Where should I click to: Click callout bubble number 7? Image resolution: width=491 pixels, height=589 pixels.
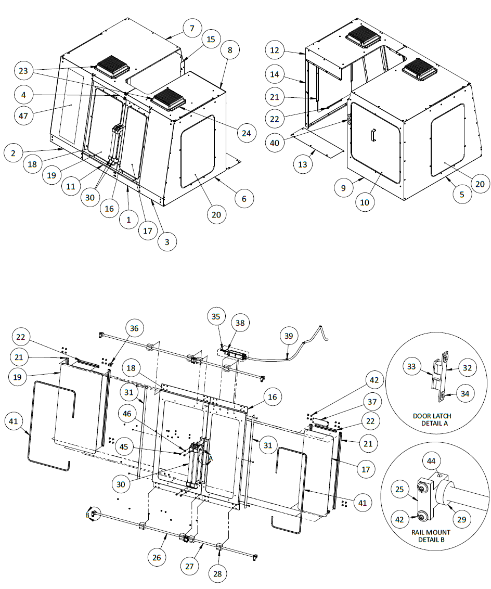coord(192,28)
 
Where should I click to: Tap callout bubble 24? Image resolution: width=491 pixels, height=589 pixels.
coord(246,133)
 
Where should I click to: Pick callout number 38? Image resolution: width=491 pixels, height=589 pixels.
coord(240,323)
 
